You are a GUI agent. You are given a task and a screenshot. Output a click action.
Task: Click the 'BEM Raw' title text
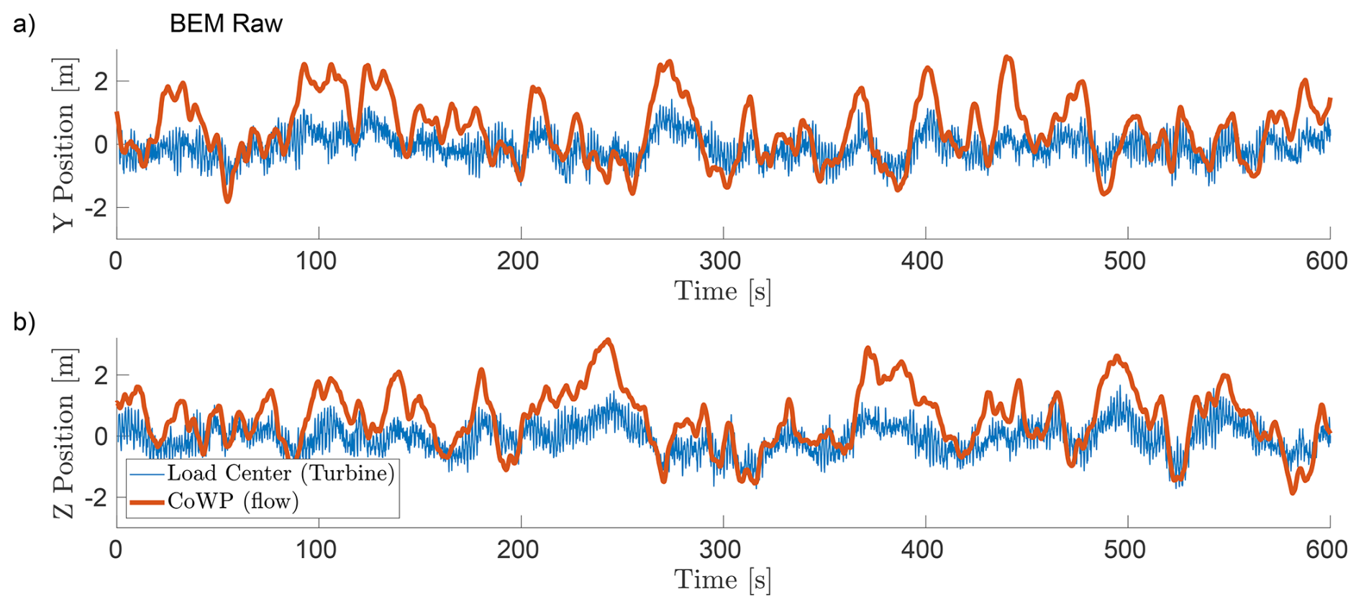(226, 24)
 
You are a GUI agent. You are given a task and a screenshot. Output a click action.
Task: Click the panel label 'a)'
(24, 24)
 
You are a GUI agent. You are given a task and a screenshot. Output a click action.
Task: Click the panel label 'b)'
(24, 321)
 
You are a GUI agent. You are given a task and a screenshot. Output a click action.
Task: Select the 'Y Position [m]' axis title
(64, 145)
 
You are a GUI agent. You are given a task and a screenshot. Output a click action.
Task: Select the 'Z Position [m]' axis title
(64, 434)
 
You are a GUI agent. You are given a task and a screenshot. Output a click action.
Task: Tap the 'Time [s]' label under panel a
(722, 291)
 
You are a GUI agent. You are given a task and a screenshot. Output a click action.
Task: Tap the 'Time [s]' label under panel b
(722, 580)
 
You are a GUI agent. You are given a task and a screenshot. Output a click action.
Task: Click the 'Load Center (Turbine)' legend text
(281, 473)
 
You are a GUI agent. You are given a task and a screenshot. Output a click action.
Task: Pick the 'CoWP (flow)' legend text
(233, 501)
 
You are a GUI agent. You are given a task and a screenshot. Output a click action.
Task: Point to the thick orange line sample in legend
(147, 502)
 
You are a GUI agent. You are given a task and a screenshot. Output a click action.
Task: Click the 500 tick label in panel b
(1125, 550)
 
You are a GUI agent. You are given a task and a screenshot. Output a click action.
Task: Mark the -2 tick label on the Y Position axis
(96, 208)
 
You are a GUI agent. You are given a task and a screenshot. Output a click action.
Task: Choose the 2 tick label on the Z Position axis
(101, 375)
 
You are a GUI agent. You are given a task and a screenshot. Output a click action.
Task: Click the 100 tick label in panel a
(317, 261)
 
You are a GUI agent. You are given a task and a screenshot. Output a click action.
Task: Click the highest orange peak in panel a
(1007, 57)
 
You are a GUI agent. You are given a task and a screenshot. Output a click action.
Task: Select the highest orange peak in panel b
(609, 339)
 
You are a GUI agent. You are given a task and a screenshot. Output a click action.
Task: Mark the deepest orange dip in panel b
(1293, 493)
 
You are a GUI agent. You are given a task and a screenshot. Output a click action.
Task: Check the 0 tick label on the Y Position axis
(101, 145)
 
